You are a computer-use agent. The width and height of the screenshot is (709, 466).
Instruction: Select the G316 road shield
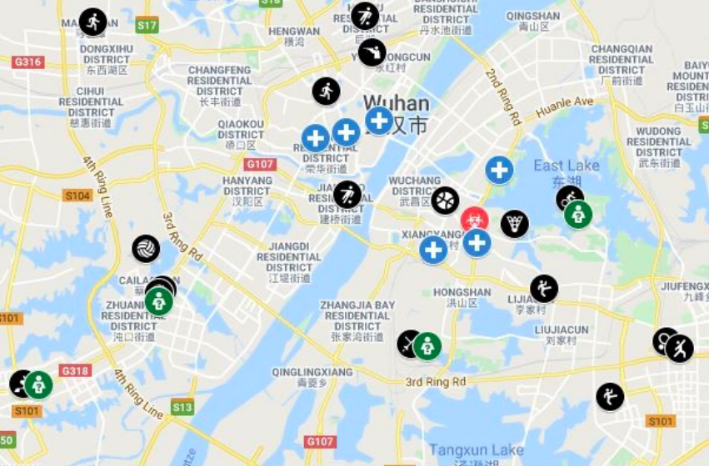(28, 62)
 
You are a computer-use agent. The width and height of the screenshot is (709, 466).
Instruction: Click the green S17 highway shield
(147, 26)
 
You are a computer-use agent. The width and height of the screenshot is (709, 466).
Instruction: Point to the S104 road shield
(77, 196)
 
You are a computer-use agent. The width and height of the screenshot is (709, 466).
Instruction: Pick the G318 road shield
(75, 371)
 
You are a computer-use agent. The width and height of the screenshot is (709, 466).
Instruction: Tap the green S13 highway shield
(182, 407)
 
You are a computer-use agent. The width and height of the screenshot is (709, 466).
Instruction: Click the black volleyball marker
(146, 249)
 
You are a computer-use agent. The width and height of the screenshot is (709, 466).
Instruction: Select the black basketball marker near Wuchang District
(445, 201)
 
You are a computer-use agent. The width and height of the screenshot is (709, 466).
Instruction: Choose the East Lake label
(567, 166)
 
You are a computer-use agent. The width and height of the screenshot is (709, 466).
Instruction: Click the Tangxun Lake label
(466, 450)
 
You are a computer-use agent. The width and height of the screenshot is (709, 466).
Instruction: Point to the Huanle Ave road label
(565, 107)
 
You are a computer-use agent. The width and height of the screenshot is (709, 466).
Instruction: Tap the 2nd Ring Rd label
(503, 97)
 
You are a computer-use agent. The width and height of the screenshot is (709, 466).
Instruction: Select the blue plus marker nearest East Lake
(499, 171)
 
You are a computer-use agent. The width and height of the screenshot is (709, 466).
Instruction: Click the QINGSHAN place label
(533, 16)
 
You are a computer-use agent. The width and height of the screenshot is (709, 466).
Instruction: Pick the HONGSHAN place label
(462, 292)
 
